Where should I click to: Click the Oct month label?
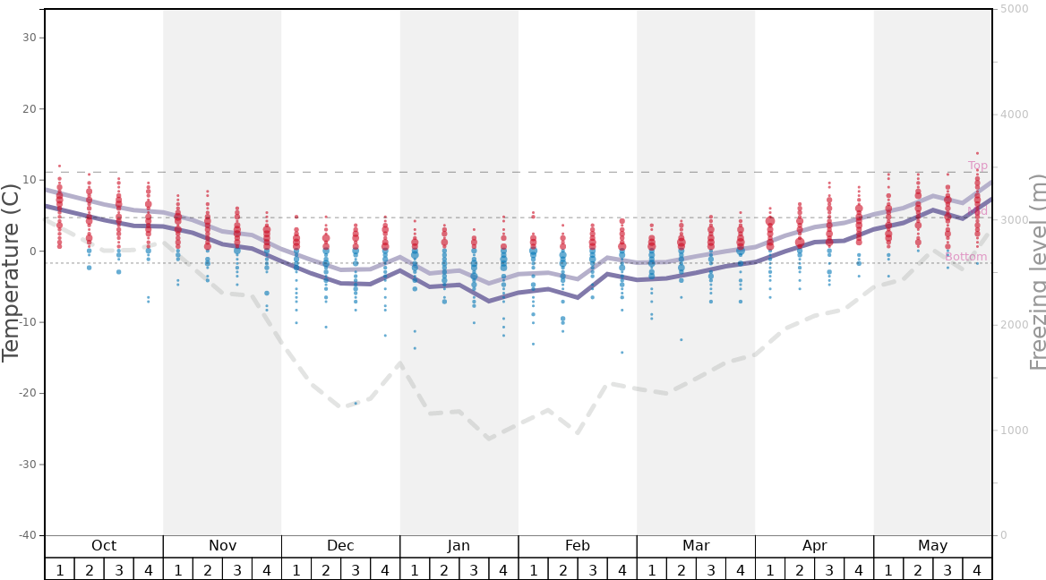104,546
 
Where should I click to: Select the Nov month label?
222,546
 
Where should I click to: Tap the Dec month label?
340,546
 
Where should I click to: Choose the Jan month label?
459,546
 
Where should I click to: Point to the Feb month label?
578,546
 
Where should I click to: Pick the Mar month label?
696,546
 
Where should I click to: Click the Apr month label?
814,546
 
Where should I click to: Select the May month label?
932,546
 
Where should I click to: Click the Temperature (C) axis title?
11,272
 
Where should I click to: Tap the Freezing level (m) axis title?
1037,272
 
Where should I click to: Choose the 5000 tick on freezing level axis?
1014,9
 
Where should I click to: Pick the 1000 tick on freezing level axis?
1014,431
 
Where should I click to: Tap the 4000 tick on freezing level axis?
1014,115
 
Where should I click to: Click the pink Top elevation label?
977,166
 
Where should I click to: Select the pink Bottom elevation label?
965,257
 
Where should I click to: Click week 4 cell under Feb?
622,569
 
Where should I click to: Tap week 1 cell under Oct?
59,569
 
